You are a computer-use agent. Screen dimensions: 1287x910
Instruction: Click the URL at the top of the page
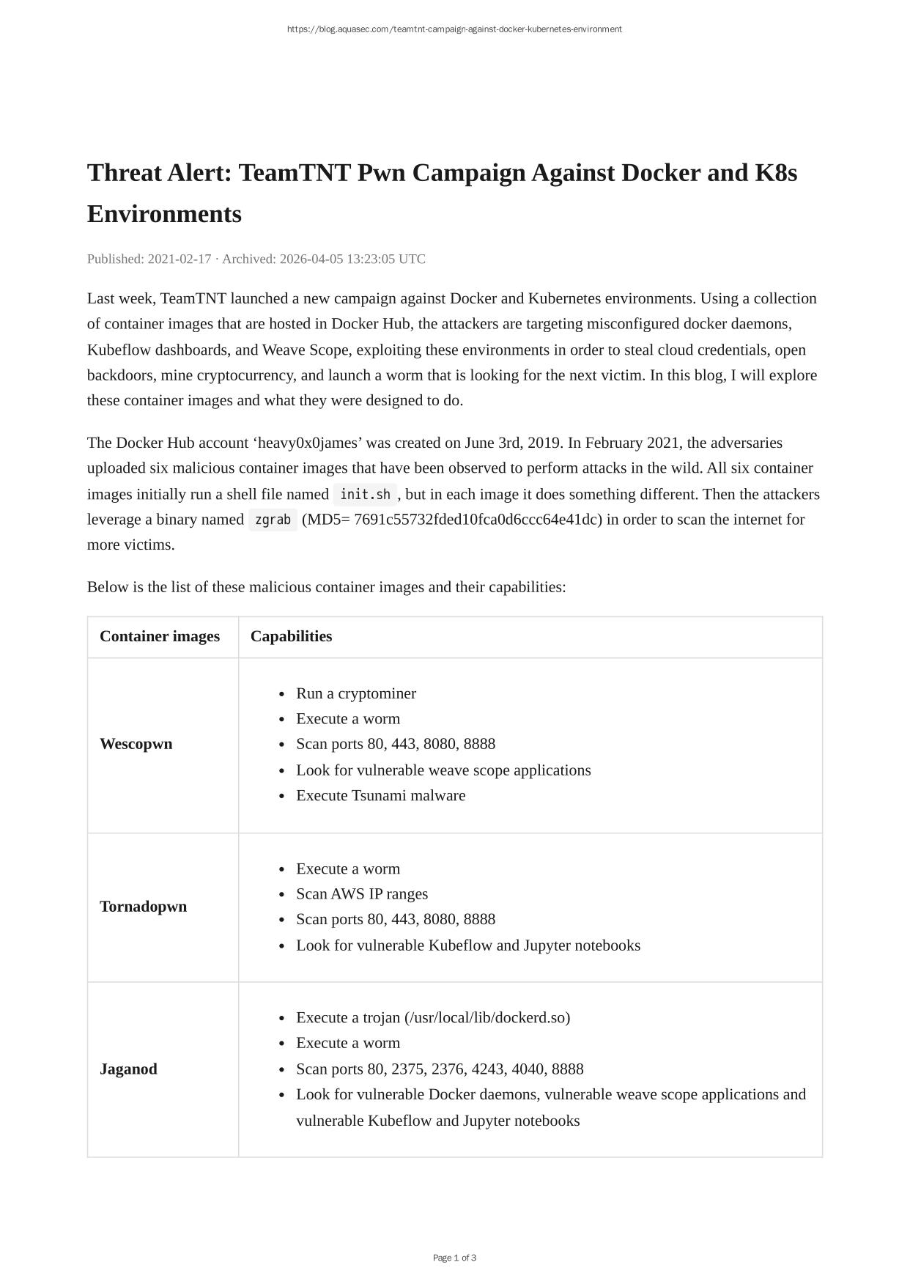[x=454, y=29]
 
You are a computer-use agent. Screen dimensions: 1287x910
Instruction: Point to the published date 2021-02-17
[x=180, y=259]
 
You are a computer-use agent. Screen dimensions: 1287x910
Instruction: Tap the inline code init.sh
[x=365, y=495]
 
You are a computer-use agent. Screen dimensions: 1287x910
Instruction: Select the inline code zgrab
[x=273, y=520]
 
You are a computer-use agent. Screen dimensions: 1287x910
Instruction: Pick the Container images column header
[x=160, y=636]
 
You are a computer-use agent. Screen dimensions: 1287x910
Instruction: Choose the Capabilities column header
[x=291, y=636]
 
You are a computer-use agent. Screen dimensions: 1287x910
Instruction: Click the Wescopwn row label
[x=136, y=744]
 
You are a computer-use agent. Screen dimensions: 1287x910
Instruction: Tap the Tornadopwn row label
[x=144, y=907]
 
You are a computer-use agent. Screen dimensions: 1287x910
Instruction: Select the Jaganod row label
[x=128, y=1069]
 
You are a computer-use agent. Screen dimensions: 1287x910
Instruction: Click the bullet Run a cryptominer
[x=356, y=693]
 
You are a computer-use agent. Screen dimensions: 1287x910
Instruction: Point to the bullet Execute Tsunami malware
[x=381, y=795]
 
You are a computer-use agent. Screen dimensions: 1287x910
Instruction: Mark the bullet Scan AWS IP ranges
[x=362, y=894]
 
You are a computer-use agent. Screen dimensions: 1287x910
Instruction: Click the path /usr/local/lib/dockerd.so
[x=487, y=1017]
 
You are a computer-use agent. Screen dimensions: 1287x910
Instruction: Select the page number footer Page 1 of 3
[x=454, y=1258]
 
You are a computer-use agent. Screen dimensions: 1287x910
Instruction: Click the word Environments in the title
[x=164, y=214]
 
